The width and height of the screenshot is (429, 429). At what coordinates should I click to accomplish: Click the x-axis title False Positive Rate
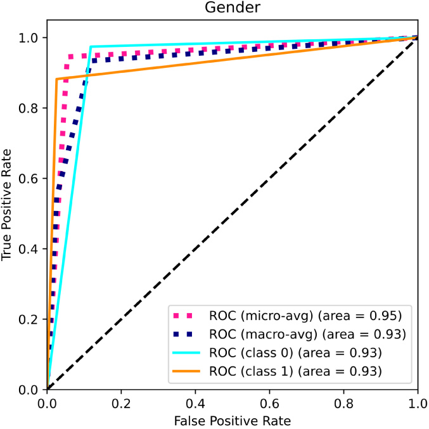pos(232,419)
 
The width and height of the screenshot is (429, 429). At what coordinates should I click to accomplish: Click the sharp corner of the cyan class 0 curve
pos(91,47)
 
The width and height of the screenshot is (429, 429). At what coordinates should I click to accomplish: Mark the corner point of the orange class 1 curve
pos(56,79)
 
